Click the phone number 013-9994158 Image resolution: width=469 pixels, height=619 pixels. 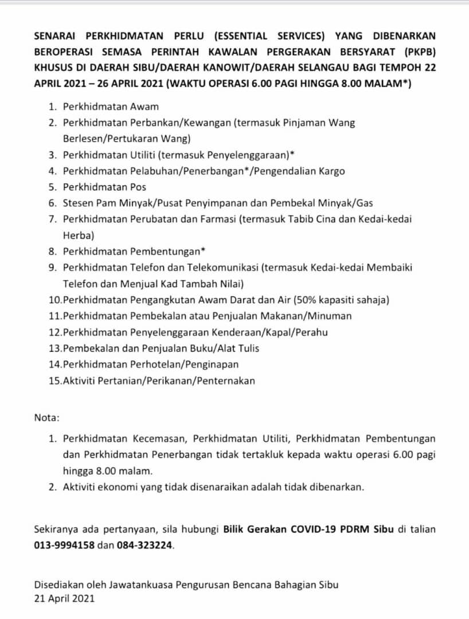tap(64, 545)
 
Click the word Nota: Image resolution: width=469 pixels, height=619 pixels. tap(46, 417)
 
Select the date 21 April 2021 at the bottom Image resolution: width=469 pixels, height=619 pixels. tap(64, 598)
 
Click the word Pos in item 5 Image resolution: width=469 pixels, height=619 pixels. tap(138, 187)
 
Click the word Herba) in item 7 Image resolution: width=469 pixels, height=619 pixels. tap(79, 234)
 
